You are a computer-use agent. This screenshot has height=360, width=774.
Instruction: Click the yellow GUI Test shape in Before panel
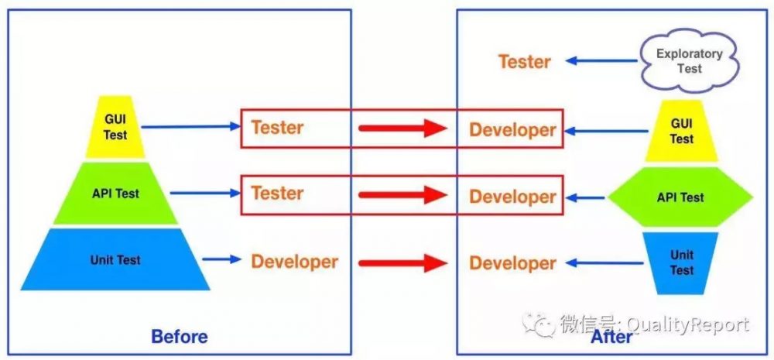click(115, 128)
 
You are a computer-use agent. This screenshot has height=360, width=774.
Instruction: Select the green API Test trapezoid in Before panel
click(115, 193)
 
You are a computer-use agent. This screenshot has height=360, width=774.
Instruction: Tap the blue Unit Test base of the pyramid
click(115, 259)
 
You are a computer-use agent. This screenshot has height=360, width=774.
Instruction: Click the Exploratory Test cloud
click(690, 61)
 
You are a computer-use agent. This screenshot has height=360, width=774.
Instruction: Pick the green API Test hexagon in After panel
click(680, 197)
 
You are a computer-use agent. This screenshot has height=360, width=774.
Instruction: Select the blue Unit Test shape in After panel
click(682, 263)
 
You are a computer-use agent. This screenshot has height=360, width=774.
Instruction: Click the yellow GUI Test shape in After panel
click(681, 131)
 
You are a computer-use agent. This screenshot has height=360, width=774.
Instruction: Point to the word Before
click(180, 337)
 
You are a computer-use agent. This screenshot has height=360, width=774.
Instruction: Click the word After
click(611, 338)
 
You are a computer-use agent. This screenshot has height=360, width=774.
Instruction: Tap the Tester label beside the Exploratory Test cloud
click(524, 62)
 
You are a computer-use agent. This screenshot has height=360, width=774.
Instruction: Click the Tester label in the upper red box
click(277, 128)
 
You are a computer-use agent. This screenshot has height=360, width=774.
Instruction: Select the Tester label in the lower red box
click(277, 193)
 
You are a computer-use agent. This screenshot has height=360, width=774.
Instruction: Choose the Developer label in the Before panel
click(295, 262)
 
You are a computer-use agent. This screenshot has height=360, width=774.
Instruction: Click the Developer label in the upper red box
click(512, 130)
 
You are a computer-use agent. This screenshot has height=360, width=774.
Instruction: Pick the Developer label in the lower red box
click(512, 197)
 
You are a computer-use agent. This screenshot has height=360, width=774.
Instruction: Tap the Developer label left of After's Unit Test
click(512, 263)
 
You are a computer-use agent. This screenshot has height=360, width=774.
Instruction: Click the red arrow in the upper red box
click(402, 129)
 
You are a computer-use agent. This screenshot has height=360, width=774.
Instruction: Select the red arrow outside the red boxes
click(402, 262)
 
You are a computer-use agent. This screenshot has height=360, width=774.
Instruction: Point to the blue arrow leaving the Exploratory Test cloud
click(601, 61)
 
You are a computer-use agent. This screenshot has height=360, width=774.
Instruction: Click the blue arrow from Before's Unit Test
click(221, 259)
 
